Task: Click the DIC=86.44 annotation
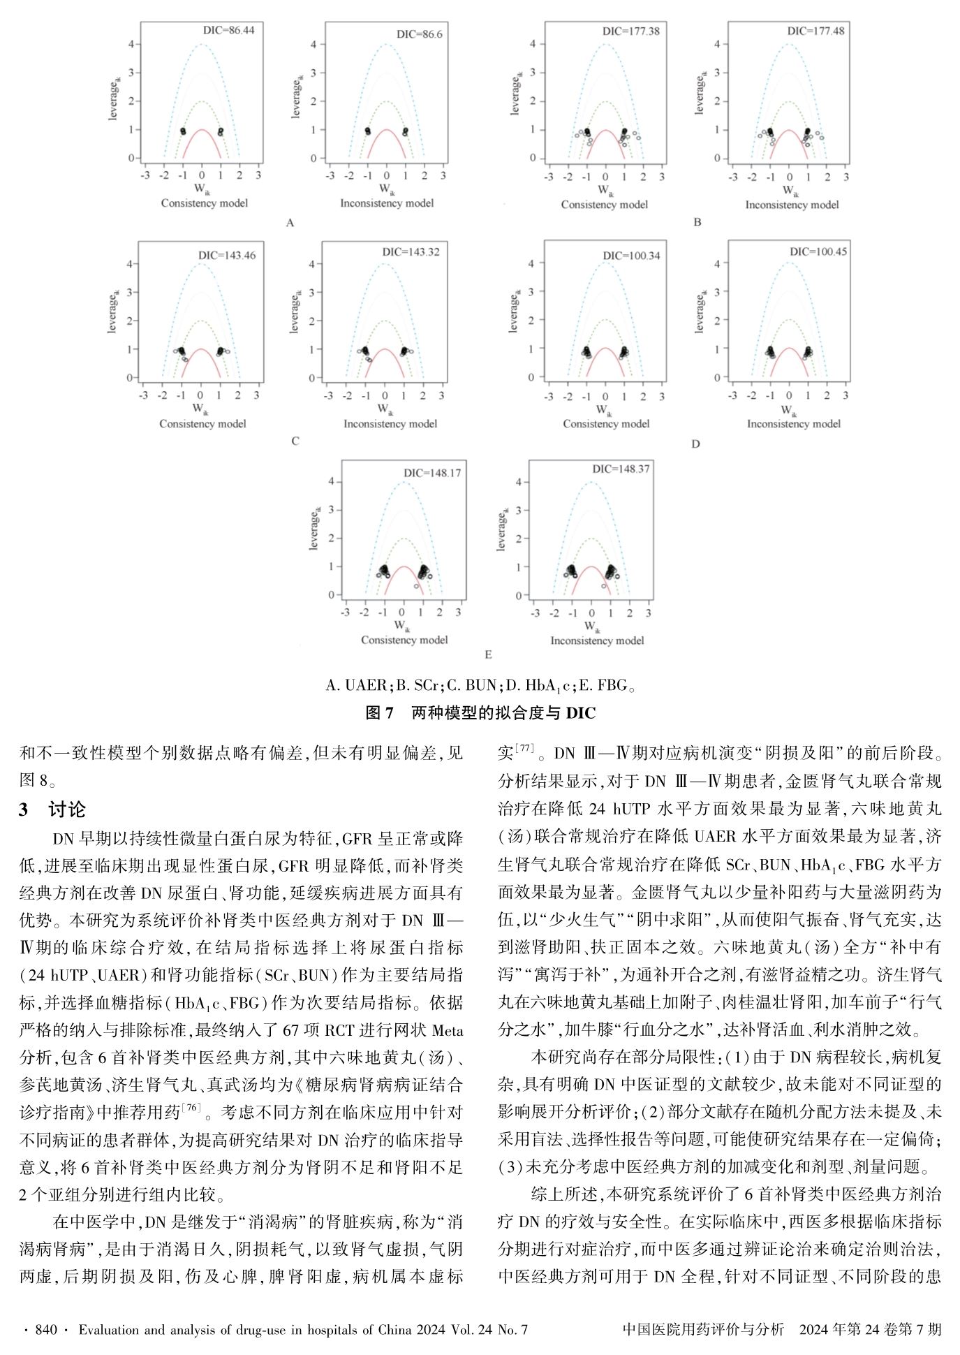228,30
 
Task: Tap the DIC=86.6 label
419,34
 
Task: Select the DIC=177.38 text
630,31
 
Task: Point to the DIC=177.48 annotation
815,31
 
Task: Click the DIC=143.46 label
226,256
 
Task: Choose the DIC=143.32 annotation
411,251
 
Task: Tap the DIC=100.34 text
631,256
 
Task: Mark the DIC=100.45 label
818,251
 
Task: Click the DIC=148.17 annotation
432,473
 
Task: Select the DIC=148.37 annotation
621,469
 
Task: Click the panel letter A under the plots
290,223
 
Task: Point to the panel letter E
488,654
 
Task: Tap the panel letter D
695,444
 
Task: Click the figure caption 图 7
380,712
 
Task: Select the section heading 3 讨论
53,809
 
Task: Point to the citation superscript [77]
525,748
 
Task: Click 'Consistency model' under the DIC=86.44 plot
204,203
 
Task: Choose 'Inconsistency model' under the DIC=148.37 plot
597,640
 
